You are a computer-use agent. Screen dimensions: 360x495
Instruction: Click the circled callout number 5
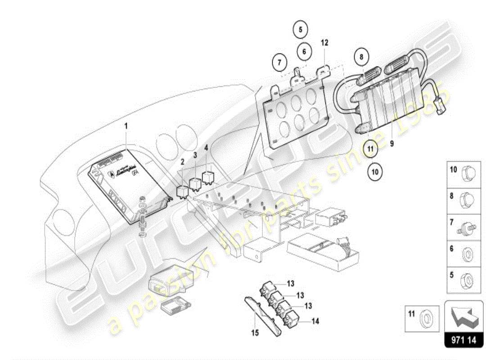301,30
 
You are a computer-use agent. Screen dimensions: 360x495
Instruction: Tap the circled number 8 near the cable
361,57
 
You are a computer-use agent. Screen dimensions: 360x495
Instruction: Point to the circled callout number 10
375,171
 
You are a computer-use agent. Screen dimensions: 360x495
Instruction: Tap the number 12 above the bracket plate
324,43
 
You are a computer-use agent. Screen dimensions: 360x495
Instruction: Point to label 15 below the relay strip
255,333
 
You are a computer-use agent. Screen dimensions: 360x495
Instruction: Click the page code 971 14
463,352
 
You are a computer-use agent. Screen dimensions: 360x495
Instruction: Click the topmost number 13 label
291,283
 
